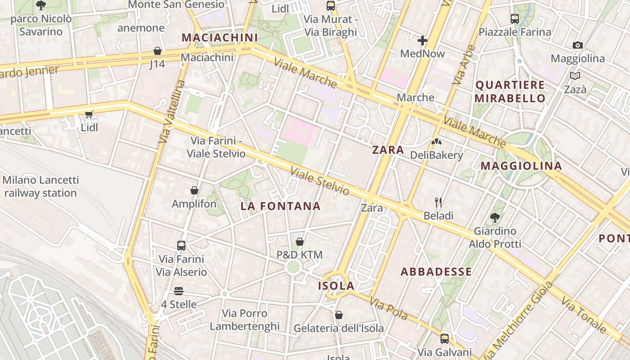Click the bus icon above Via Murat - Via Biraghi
pyautogui.click(x=331, y=6)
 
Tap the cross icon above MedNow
pyautogui.click(x=422, y=41)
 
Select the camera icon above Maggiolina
pyautogui.click(x=578, y=45)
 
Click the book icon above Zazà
pyautogui.click(x=575, y=76)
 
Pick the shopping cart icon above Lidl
pyautogui.click(x=89, y=114)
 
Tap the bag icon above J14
pyautogui.click(x=157, y=51)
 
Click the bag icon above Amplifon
pyautogui.click(x=194, y=190)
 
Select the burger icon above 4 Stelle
pyautogui.click(x=179, y=291)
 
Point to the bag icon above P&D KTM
pyautogui.click(x=299, y=242)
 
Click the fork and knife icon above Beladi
pyautogui.click(x=438, y=202)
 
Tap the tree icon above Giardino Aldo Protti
pyautogui.click(x=495, y=218)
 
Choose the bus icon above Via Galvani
pyautogui.click(x=445, y=339)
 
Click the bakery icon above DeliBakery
pyautogui.click(x=436, y=142)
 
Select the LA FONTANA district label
pyautogui.click(x=280, y=206)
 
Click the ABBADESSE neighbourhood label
pyautogui.click(x=436, y=271)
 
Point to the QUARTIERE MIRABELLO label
pyautogui.click(x=510, y=91)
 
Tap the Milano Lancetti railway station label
pyautogui.click(x=40, y=187)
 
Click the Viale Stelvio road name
pyautogui.click(x=319, y=181)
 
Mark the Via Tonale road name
pyautogui.click(x=584, y=315)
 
